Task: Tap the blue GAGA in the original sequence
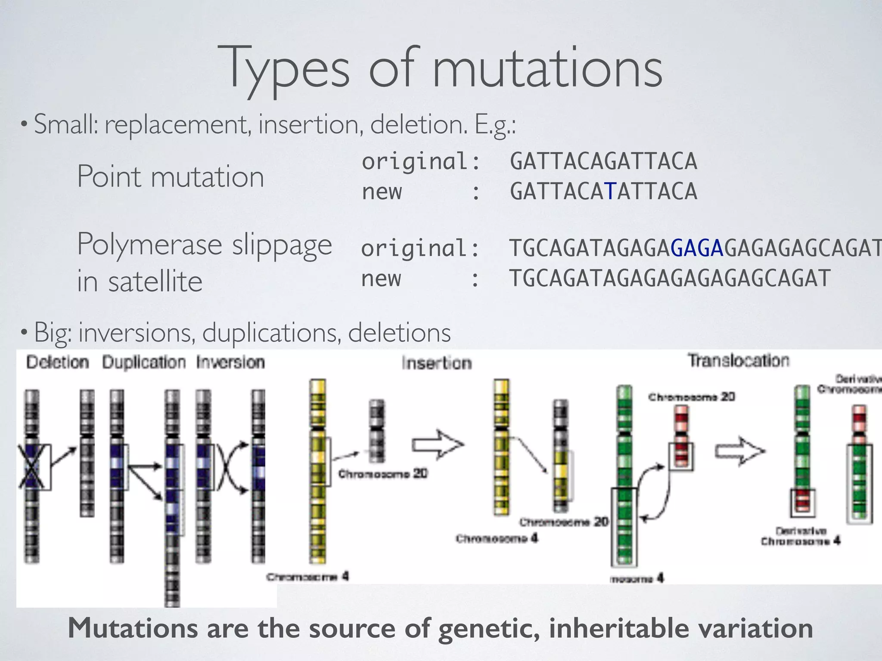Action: pos(697,248)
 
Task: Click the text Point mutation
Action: pos(170,176)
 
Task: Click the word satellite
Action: pos(155,281)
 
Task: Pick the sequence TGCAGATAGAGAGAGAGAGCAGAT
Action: pos(670,278)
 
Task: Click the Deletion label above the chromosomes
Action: pos(58,362)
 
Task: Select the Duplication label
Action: pos(144,362)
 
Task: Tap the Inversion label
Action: pos(230,362)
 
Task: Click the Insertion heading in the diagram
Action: pos(437,363)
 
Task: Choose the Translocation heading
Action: pos(738,361)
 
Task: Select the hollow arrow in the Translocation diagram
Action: pos(740,451)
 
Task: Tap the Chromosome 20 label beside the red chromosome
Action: pos(692,397)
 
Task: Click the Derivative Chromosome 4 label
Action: pos(800,536)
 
